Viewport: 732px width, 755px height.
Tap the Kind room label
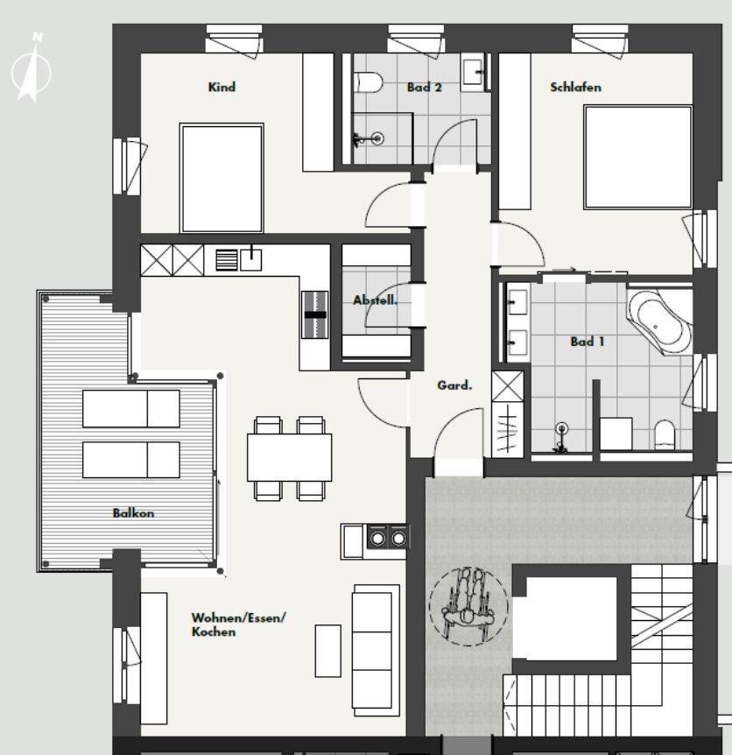click(x=222, y=88)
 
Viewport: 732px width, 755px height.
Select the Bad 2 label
click(x=424, y=88)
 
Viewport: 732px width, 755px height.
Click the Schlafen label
click(x=575, y=88)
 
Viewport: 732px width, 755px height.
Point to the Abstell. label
click(x=376, y=300)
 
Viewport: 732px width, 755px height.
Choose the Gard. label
click(x=454, y=385)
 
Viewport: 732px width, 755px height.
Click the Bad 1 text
click(x=588, y=342)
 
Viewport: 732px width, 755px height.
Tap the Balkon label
click(x=133, y=512)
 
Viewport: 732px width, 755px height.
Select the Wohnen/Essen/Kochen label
click(x=239, y=624)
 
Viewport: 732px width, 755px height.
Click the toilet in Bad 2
click(x=369, y=82)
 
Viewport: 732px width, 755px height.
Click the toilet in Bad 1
click(x=665, y=434)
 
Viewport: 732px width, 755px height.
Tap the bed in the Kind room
click(x=222, y=178)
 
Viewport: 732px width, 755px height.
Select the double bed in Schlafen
click(x=637, y=158)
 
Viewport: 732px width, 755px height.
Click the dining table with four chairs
click(x=289, y=458)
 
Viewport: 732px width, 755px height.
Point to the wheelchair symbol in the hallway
click(x=468, y=606)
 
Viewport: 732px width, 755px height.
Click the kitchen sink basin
click(x=250, y=259)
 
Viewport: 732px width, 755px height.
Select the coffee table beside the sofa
click(x=327, y=651)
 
